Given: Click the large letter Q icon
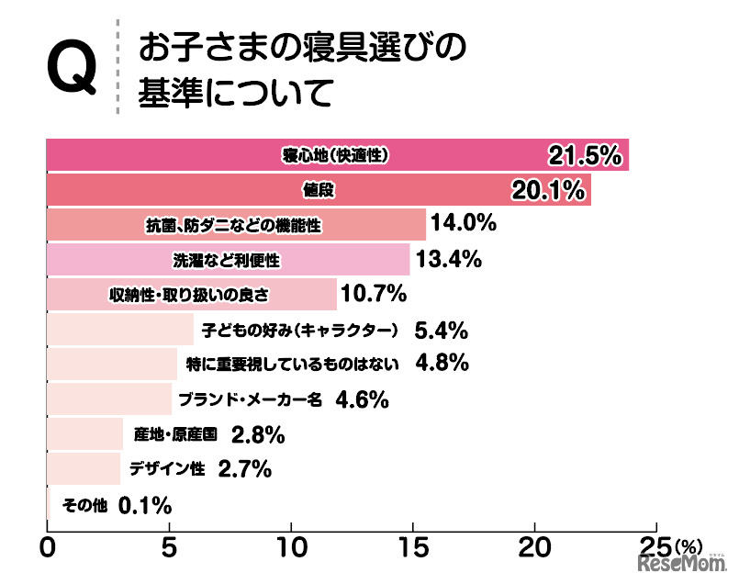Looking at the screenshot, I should (x=70, y=69).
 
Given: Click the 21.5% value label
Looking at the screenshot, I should (x=585, y=156).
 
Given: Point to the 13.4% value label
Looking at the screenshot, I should (x=449, y=260).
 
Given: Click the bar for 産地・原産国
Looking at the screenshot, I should (x=84, y=433).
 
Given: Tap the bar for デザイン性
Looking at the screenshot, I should (x=83, y=468).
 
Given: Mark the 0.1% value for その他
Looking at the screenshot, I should (x=146, y=504).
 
